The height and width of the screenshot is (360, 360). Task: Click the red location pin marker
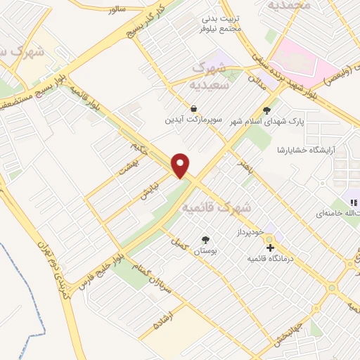pyautogui.click(x=181, y=165)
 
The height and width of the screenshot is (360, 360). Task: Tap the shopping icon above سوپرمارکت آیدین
pyautogui.click(x=193, y=108)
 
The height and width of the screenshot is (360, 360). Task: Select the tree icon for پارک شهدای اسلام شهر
pyautogui.click(x=266, y=110)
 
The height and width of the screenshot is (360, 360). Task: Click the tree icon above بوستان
pyautogui.click(x=205, y=239)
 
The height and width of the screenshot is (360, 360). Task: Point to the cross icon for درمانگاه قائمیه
pyautogui.click(x=270, y=247)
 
